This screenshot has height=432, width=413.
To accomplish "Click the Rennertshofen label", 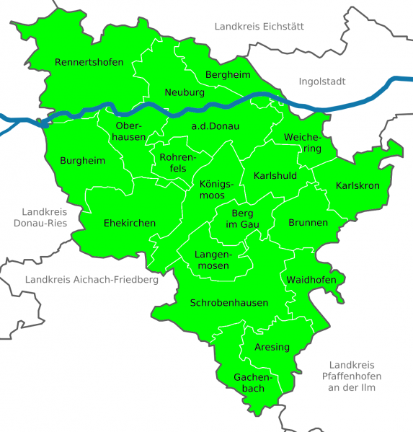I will (x=89, y=62).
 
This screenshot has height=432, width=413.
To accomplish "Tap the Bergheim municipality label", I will (x=228, y=75).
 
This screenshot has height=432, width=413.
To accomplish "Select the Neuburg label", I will (x=185, y=93).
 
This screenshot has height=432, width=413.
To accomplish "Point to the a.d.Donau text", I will (x=215, y=126).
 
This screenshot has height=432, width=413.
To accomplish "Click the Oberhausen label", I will (x=130, y=131).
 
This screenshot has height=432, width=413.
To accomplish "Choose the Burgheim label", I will (x=83, y=160).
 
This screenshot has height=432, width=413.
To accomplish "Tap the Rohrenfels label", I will (x=172, y=162).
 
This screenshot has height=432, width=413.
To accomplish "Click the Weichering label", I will (x=302, y=143).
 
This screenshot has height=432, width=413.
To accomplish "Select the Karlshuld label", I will (x=275, y=175).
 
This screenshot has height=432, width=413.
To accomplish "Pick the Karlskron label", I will (x=358, y=185).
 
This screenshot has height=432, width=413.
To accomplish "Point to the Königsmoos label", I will (x=217, y=189).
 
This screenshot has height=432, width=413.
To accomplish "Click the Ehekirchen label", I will (x=130, y=223).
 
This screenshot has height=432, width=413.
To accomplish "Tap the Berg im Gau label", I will (x=244, y=219).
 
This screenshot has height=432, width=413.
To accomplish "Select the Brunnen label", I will (x=308, y=223).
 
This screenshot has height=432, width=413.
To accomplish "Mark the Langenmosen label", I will (x=213, y=260).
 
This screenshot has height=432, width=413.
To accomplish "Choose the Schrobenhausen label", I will (x=229, y=303).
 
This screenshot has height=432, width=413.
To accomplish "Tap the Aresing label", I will (x=272, y=347).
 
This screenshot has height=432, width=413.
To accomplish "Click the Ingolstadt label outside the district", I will (x=321, y=81).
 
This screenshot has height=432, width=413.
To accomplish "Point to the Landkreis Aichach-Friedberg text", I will (x=91, y=280).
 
